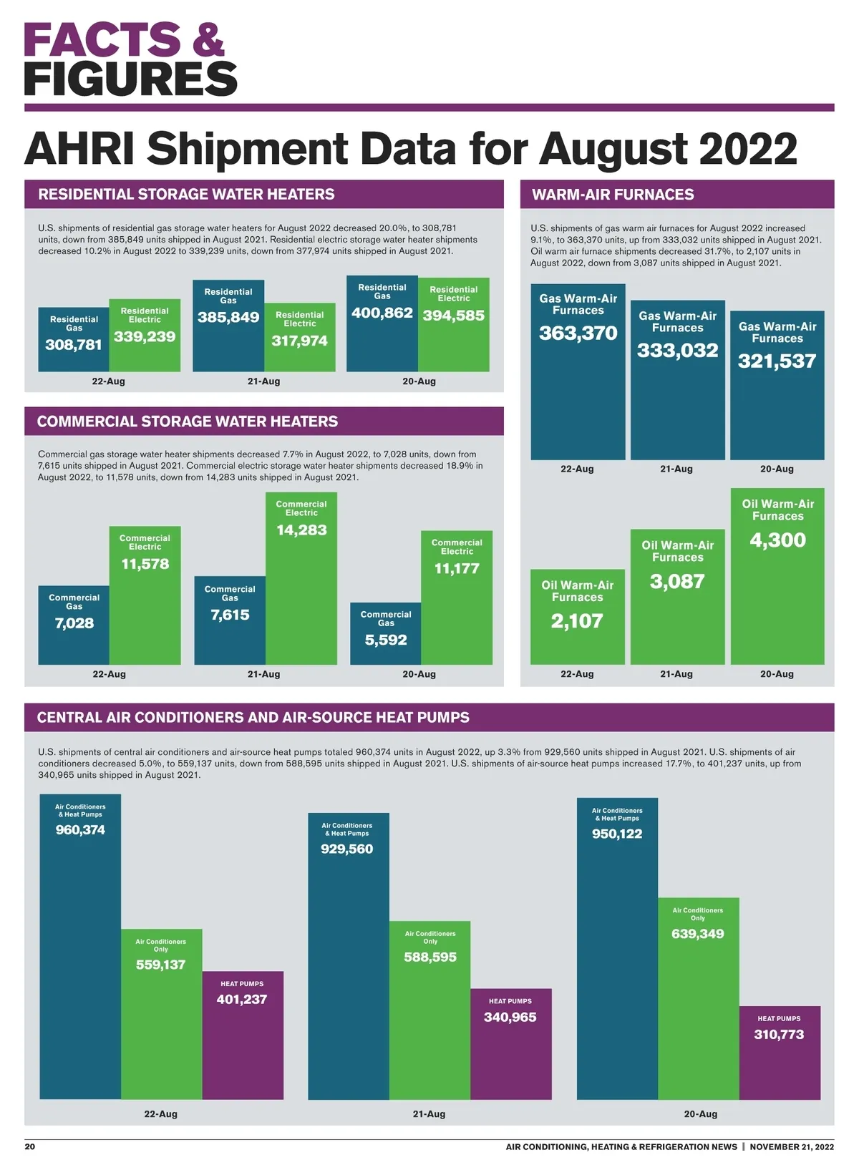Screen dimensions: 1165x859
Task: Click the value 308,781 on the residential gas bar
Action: pos(74,345)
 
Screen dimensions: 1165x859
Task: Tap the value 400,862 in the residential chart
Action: pos(382,313)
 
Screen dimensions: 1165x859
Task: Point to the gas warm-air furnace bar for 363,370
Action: pos(578,386)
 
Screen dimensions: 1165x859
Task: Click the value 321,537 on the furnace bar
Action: pos(777,361)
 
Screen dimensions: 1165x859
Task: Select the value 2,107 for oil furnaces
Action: pos(577,621)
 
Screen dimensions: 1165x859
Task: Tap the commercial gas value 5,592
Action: pos(386,640)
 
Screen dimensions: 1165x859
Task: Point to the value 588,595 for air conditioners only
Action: pos(430,957)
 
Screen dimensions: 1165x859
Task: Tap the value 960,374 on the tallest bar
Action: pos(80,830)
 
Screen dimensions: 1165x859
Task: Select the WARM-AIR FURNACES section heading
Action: pos(613,195)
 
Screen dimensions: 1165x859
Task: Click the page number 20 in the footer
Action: pos(30,1146)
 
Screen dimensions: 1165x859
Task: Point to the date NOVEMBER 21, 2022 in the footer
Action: pos(792,1146)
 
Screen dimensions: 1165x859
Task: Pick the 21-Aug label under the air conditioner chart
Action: pos(429,1113)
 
